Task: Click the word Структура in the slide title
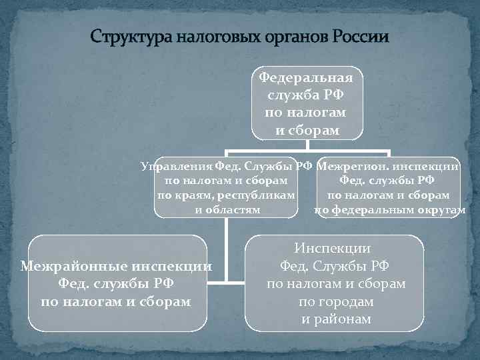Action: (x=131, y=35)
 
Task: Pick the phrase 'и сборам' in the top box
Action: (x=307, y=129)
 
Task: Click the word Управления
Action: (x=175, y=166)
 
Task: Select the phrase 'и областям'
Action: (x=227, y=211)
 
